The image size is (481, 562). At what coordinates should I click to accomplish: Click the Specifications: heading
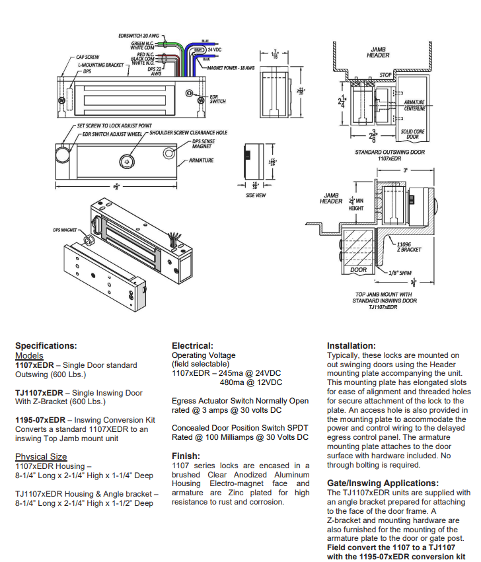coord(46,345)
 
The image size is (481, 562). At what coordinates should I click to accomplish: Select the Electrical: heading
coord(192,345)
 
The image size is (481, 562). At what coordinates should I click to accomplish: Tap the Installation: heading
coord(351,345)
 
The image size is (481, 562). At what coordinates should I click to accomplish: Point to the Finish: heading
coord(186,456)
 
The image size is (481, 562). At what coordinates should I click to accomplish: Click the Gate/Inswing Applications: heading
coord(383,483)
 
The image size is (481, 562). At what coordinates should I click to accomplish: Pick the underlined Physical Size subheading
coord(41,456)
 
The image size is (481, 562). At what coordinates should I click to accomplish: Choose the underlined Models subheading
coord(29,355)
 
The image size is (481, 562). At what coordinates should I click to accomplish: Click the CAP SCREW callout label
coord(88,57)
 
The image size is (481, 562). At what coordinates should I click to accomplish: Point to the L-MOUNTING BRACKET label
coord(100,65)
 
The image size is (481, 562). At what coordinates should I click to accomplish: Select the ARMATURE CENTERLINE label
coord(414,105)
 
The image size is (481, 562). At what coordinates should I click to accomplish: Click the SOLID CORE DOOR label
coord(413,134)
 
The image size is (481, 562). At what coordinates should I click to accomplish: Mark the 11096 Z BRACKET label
coord(409,247)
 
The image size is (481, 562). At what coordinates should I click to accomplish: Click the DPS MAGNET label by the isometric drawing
coord(65,230)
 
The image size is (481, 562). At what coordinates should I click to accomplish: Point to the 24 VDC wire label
coord(215,50)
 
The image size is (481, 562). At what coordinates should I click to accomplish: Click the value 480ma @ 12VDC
coord(251,382)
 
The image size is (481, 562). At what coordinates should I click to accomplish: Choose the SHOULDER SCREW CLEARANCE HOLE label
coord(188,133)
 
